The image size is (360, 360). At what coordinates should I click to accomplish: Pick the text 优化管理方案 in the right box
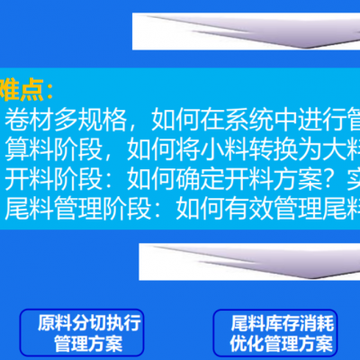tap(282, 342)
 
